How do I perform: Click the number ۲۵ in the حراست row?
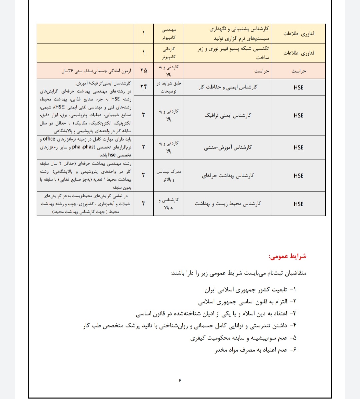coord(144,70)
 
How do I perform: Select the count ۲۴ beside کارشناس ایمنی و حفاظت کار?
coord(144,87)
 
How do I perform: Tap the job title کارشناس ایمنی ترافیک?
coord(228,115)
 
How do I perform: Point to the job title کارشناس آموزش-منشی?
coord(228,147)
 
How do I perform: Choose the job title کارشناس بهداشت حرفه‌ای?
coord(228,176)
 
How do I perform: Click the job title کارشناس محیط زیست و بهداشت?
coord(228,203)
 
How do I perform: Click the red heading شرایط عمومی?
coord(287,257)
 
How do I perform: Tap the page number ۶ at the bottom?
coord(180,380)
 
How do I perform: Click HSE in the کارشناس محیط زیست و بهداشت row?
coord(299,204)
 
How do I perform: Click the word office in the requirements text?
coord(49,139)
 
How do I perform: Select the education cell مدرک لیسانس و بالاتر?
coord(168,176)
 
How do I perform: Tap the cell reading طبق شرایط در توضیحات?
coord(168,87)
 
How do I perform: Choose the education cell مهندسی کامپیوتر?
coord(168,34)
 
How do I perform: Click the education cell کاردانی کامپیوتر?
coord(168,53)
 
